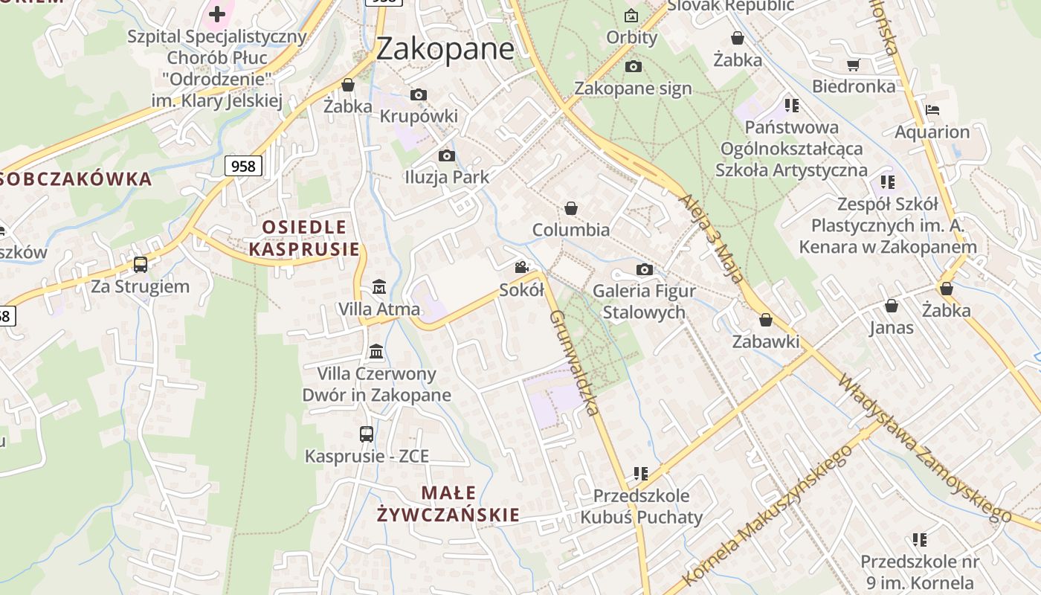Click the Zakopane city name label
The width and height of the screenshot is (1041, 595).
445,48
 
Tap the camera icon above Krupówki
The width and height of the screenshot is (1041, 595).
419,94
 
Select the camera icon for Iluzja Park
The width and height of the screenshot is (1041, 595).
446,155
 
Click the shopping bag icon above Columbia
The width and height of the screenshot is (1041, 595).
571,208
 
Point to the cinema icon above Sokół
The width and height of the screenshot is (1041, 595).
522,267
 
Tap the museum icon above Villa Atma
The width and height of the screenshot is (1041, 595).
379,286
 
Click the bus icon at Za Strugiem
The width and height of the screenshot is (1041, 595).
140,264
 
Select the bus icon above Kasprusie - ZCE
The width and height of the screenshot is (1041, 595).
366,434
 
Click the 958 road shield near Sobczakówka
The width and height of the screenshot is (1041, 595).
243,166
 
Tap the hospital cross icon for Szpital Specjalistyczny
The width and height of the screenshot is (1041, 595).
216,13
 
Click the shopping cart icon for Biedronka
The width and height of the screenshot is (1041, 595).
853,65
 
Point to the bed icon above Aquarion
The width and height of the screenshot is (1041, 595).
932,110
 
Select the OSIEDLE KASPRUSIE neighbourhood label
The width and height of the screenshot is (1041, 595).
304,238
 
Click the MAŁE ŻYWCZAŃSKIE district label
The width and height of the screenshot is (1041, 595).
448,504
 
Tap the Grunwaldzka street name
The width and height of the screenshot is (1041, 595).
574,362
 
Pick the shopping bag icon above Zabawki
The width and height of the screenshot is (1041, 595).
766,320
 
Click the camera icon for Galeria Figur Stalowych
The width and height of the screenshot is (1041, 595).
644,269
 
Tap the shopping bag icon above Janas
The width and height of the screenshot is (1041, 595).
891,306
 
